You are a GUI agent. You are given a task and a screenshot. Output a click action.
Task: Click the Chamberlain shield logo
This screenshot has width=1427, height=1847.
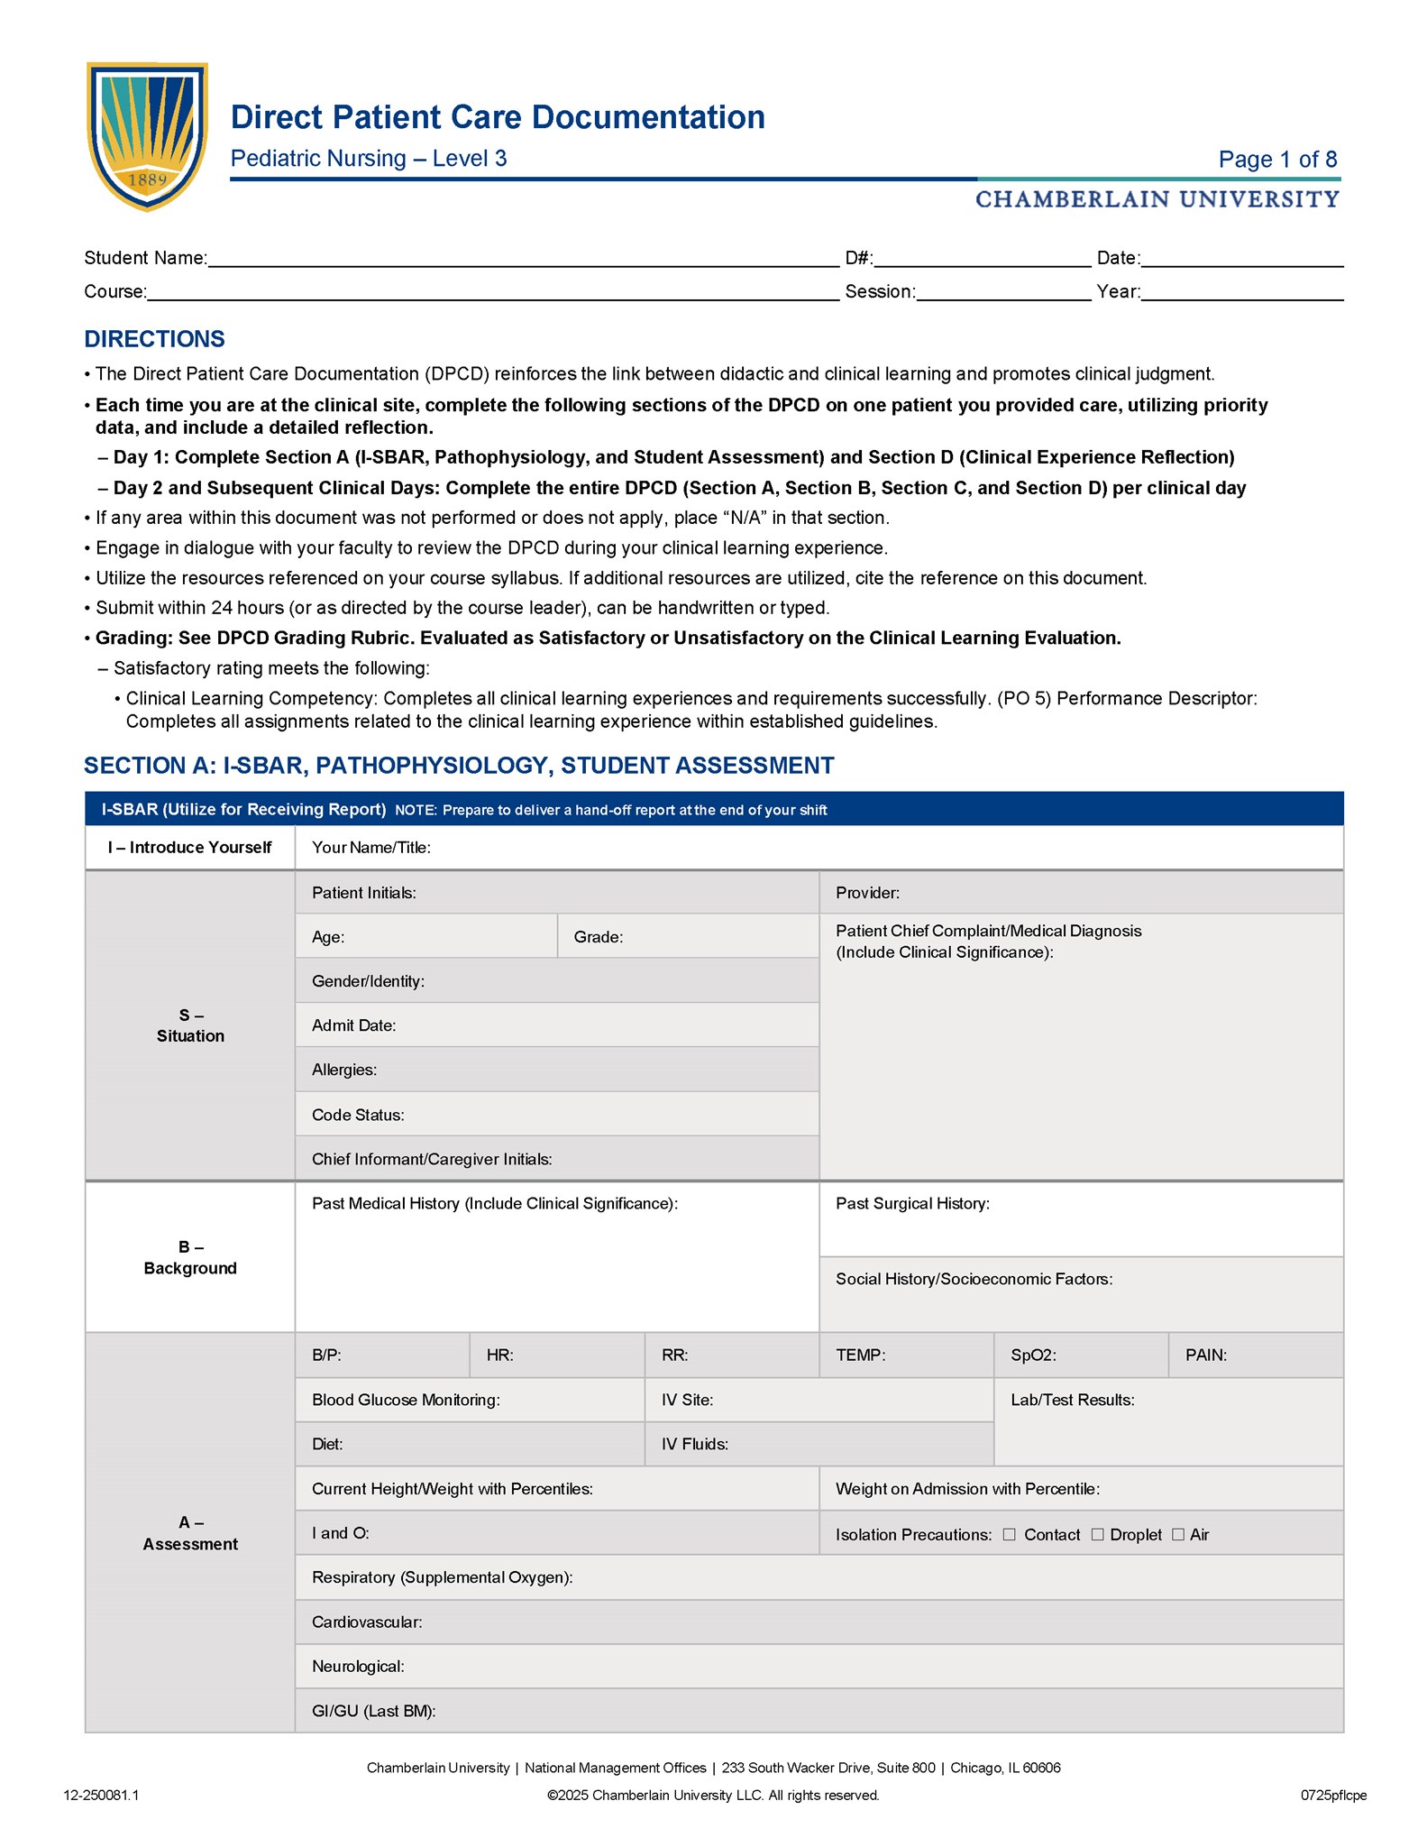click(x=147, y=135)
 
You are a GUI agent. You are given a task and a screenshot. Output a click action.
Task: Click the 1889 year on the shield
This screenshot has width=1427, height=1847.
click(x=148, y=179)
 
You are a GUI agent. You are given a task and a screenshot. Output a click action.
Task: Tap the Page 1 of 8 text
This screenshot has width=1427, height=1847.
click(x=1276, y=160)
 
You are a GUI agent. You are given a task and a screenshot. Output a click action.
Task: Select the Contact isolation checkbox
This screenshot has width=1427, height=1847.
click(x=1009, y=1534)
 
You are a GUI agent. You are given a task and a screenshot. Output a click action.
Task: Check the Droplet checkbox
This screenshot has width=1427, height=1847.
click(x=1097, y=1534)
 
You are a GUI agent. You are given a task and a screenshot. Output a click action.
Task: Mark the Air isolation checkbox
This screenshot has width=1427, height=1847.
click(x=1177, y=1534)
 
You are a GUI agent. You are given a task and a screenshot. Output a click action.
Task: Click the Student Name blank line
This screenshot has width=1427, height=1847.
click(x=523, y=259)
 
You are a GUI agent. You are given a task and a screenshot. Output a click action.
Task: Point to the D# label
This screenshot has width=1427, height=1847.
click(x=858, y=259)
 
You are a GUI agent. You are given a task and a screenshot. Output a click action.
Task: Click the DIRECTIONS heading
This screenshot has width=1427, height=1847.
click(x=154, y=339)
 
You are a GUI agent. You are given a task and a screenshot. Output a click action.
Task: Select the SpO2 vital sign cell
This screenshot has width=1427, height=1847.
click(x=1080, y=1355)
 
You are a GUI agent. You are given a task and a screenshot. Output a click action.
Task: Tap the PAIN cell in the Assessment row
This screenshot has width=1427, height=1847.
click(x=1255, y=1355)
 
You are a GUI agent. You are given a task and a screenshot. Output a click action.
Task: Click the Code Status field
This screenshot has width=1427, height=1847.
click(x=556, y=1115)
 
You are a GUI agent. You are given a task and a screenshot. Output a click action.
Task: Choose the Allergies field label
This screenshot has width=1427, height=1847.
click(x=344, y=1070)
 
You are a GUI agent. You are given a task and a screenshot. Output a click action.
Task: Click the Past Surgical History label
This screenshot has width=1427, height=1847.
click(x=912, y=1204)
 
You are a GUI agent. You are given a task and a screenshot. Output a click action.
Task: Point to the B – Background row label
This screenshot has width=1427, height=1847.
click(x=190, y=1257)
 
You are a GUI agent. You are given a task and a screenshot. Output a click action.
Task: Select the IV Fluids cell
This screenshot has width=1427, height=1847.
click(x=819, y=1444)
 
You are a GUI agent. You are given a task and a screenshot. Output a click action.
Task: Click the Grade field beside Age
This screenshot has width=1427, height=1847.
click(x=688, y=937)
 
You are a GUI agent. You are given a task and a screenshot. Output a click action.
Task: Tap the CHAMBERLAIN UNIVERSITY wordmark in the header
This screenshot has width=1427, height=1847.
click(x=1157, y=199)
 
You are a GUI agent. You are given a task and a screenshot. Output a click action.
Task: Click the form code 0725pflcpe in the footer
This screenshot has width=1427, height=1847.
click(x=1332, y=1795)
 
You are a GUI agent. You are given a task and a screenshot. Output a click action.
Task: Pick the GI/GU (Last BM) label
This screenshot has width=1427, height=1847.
click(x=373, y=1711)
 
